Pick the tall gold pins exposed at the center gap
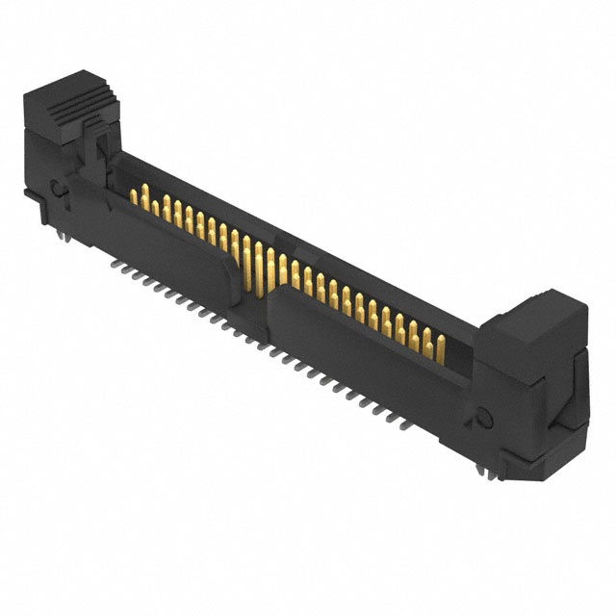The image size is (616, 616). [258, 260]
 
